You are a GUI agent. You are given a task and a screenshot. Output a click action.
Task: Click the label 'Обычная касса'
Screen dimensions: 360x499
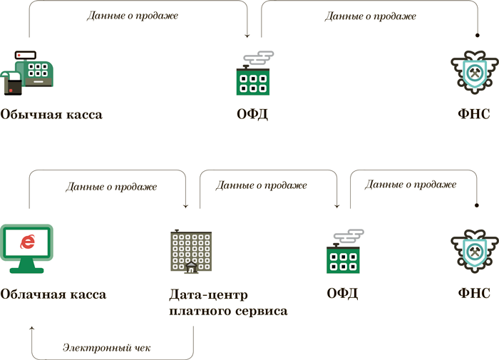[x=51, y=114]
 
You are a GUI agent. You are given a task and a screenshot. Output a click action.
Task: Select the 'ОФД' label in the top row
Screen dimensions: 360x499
[x=252, y=114]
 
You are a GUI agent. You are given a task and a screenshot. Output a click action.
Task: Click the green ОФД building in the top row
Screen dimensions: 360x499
[x=252, y=78]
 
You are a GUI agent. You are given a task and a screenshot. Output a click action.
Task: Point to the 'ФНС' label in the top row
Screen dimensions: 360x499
[x=475, y=114]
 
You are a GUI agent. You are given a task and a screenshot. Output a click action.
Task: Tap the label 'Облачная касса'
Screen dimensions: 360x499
[x=53, y=294]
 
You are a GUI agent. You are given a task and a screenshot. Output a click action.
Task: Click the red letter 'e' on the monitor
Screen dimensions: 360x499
[x=28, y=241]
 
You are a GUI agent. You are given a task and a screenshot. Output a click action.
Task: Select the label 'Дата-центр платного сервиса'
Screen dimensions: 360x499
[x=228, y=302]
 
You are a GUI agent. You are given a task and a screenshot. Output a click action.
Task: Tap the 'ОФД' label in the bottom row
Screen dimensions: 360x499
[x=342, y=294]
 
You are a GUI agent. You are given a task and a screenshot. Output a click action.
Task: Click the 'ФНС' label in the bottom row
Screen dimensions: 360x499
[x=475, y=294]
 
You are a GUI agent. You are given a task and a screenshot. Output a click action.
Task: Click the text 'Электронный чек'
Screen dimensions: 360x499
[x=106, y=349]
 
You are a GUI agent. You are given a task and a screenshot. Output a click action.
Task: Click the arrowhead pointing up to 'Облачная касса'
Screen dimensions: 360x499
[x=32, y=329]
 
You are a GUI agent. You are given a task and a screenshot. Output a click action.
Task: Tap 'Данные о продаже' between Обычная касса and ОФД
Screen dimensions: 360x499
[x=133, y=15]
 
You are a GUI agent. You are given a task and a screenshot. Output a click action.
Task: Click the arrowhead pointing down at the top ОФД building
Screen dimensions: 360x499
[x=247, y=35]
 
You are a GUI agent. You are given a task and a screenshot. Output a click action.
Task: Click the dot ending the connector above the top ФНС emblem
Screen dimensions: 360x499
[x=477, y=35]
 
